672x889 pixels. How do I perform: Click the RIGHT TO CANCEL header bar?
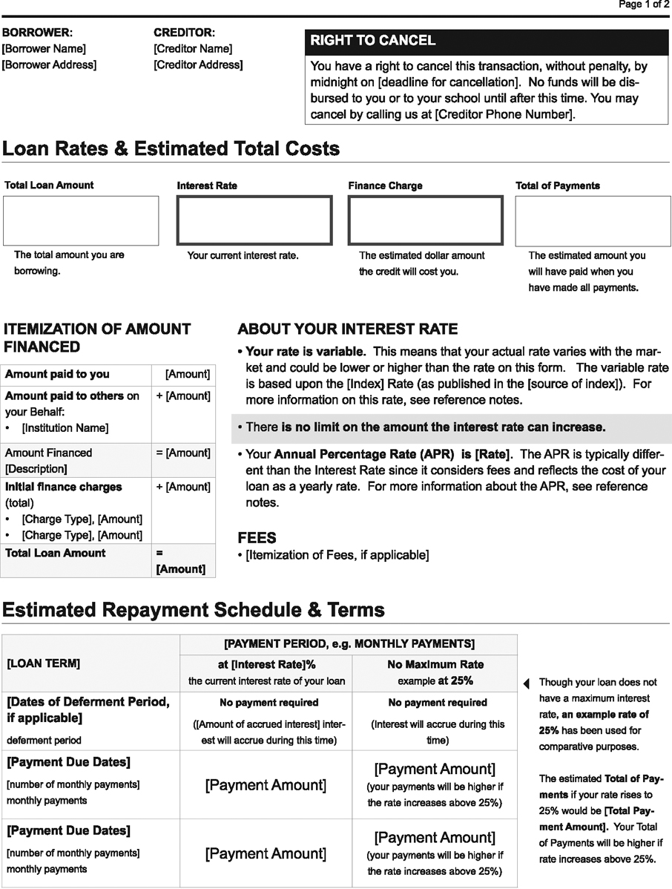[487, 41]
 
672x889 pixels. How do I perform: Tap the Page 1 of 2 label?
[644, 5]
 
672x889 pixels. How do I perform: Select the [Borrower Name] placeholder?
[44, 49]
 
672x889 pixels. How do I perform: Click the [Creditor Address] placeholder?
[197, 65]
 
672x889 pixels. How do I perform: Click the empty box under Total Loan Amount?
[81, 220]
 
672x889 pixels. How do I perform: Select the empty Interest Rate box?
[254, 220]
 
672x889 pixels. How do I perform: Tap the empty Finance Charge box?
[425, 220]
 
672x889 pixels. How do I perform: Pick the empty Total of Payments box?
[593, 220]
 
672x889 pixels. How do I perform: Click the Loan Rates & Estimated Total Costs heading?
[171, 148]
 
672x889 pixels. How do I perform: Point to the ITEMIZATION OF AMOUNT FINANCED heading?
[97, 338]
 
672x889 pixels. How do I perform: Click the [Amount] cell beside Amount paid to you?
[187, 375]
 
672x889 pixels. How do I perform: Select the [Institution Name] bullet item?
[65, 428]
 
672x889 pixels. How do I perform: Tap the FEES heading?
[257, 538]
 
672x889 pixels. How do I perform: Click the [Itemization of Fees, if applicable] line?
[337, 555]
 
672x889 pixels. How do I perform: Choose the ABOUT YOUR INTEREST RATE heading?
[347, 329]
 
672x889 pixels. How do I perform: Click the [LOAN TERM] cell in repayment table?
[44, 663]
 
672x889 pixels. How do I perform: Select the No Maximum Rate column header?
[435, 665]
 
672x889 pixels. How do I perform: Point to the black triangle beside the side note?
[527, 683]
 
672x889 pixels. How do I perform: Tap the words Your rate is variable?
[305, 351]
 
